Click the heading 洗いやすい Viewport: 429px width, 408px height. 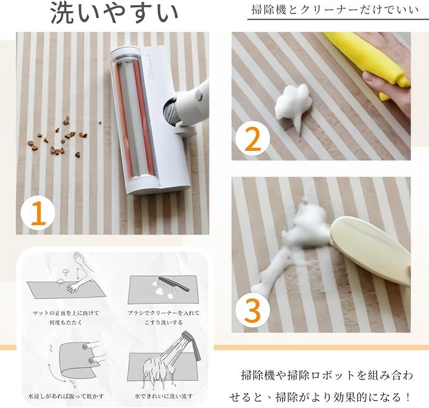tap(114, 13)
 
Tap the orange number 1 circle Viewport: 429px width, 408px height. tap(38, 214)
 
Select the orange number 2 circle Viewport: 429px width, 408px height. tap(253, 138)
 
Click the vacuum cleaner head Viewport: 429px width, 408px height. tap(149, 120)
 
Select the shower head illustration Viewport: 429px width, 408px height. tap(192, 345)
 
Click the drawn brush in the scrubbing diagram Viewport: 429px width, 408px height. tap(174, 284)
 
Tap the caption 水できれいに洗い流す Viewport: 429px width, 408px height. tap(163, 396)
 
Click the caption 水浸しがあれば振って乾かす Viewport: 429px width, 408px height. tap(66, 396)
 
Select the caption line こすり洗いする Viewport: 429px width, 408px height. tap(163, 322)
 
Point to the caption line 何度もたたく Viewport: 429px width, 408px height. tap(66, 322)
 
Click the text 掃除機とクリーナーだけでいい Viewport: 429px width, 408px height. tap(335, 10)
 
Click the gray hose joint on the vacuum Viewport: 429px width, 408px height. tap(170, 113)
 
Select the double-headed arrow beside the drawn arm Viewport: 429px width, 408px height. tap(79, 272)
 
